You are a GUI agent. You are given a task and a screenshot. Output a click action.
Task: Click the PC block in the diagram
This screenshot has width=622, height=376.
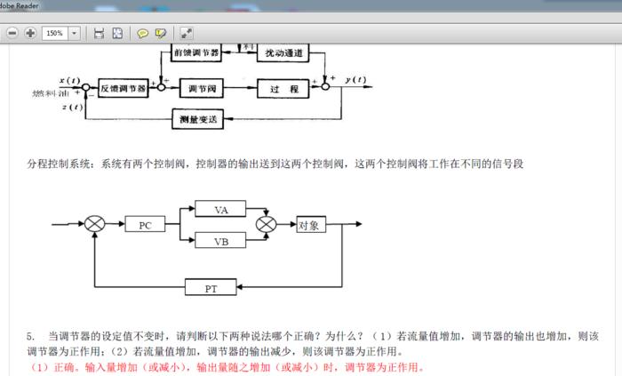[x=146, y=225]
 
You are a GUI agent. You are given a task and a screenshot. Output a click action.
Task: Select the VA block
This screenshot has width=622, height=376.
[x=222, y=210]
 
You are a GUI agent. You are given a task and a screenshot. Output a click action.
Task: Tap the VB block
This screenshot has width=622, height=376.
[x=222, y=241]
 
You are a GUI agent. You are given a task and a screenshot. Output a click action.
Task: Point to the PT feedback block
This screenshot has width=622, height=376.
[x=211, y=287]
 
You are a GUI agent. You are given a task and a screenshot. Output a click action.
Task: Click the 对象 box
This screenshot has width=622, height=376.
[x=309, y=225]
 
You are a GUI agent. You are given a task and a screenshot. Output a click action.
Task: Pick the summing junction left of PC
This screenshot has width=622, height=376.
[x=95, y=225]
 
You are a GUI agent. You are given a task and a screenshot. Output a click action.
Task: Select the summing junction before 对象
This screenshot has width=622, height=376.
[x=265, y=225]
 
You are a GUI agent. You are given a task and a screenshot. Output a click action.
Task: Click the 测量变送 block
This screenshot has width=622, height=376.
[x=196, y=117]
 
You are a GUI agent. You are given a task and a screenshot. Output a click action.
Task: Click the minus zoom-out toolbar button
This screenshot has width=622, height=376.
[x=12, y=33]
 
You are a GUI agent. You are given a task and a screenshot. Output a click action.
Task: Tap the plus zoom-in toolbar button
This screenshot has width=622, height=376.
[x=30, y=33]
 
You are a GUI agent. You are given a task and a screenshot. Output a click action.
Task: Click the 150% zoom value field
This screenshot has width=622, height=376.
[x=54, y=33]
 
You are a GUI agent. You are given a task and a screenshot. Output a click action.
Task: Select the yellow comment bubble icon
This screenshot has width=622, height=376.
[x=142, y=33]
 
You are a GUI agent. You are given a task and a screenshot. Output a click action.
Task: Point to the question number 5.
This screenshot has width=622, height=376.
[x=30, y=336]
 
